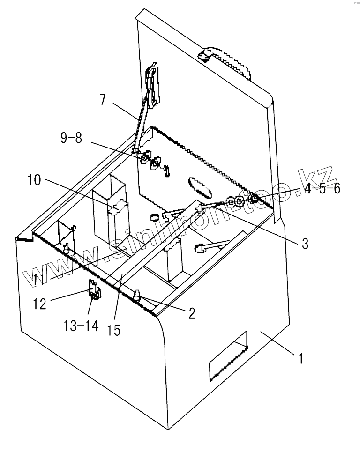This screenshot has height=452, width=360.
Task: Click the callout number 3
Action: point(304,244)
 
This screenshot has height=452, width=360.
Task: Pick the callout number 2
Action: point(192,313)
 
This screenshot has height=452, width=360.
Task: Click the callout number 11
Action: point(44,280)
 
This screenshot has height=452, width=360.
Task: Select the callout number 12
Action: point(40,304)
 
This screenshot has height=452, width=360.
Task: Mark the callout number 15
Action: point(113,330)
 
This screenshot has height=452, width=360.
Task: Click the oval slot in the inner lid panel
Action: point(199,187)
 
